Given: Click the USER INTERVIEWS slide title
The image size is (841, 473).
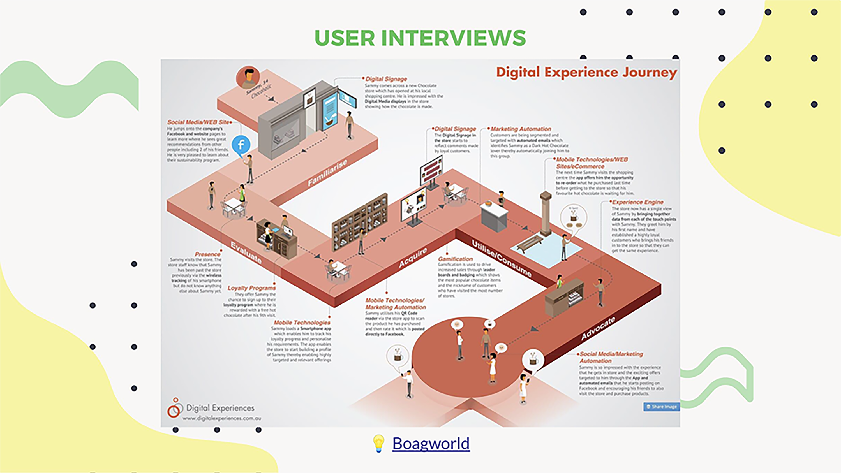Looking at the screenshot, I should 420,38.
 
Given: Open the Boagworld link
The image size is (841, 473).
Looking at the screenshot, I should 431,444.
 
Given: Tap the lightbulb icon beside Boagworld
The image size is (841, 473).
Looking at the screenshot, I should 378,444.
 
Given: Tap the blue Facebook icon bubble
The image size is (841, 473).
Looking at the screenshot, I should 241,145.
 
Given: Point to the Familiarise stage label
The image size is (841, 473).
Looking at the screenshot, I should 327,173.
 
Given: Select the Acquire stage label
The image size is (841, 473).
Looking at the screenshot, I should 413,258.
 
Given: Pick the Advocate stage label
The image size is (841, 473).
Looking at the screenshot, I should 598,328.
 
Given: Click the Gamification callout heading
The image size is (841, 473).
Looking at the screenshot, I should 456,259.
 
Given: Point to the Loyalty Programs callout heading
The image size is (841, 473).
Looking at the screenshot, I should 251,288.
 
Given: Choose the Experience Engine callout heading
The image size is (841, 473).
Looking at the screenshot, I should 637,202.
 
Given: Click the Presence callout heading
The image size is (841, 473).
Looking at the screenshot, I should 208,254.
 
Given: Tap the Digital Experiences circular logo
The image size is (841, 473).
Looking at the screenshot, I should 175,408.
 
